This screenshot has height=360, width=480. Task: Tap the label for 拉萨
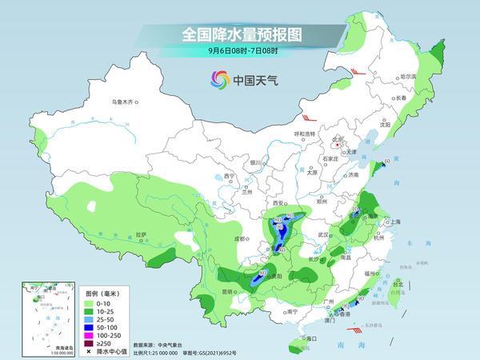pos(141,234)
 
